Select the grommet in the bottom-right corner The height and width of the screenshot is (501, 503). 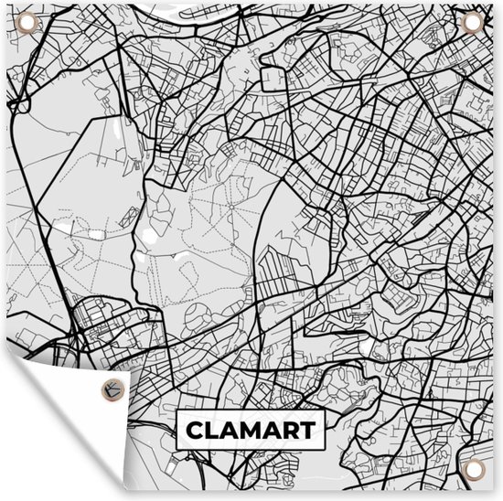tap(474, 472)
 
